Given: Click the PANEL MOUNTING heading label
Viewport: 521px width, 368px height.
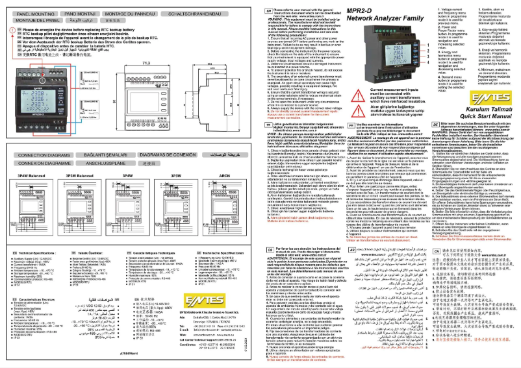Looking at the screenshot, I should [x=34, y=12].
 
